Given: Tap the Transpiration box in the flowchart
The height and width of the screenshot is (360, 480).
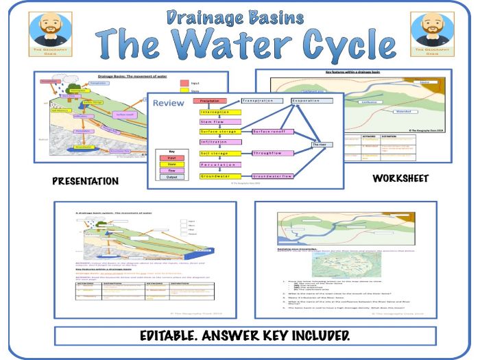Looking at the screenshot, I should click(x=261, y=101).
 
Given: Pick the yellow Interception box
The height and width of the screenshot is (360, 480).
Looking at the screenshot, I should click(x=220, y=112).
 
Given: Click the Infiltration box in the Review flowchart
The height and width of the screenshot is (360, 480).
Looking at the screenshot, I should click(x=219, y=142).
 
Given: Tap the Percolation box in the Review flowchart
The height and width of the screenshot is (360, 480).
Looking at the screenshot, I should click(x=219, y=165).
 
